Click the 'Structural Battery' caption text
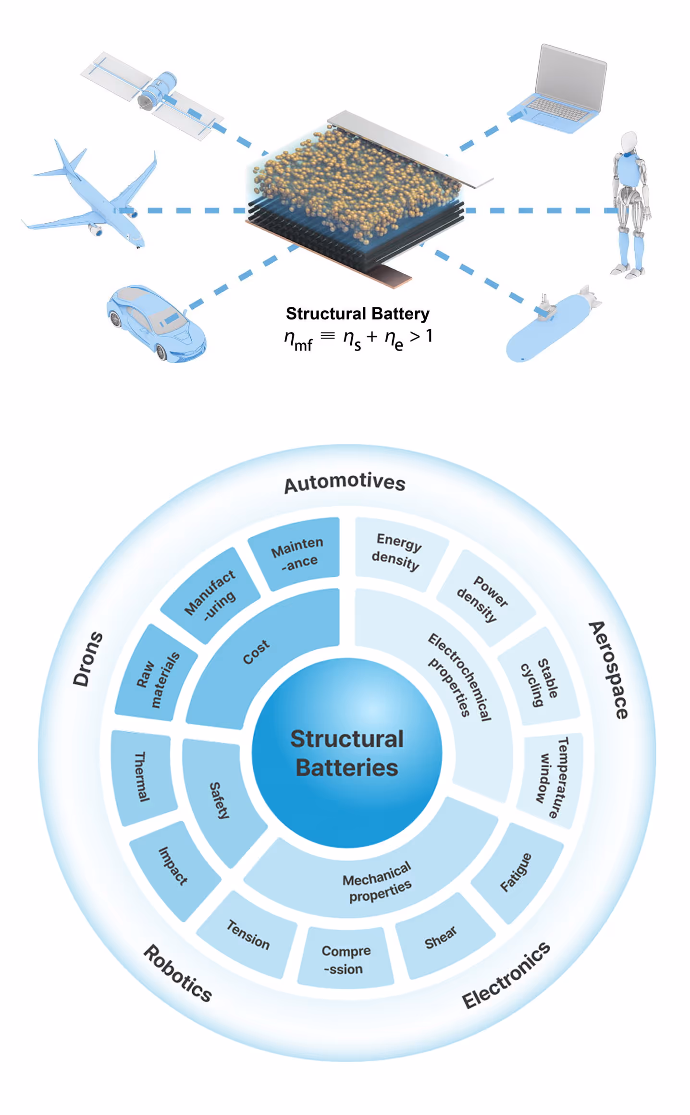(357, 314)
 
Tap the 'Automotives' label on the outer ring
(345, 482)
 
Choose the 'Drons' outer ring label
(87, 658)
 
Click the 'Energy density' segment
(397, 552)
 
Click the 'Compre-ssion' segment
(345, 959)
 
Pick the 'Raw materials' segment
(157, 677)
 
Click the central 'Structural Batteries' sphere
(347, 752)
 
